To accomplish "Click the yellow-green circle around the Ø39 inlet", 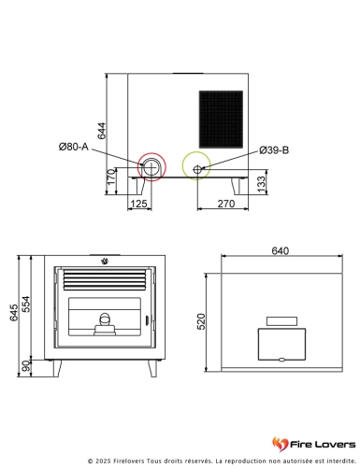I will [197, 166].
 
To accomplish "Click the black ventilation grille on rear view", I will [221, 119].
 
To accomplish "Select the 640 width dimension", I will [281, 250].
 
